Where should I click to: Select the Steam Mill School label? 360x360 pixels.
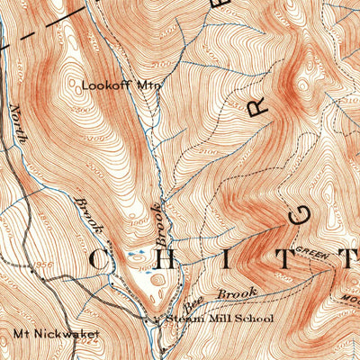click(x=200, y=319)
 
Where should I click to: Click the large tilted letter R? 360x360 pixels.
click(x=258, y=108)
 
